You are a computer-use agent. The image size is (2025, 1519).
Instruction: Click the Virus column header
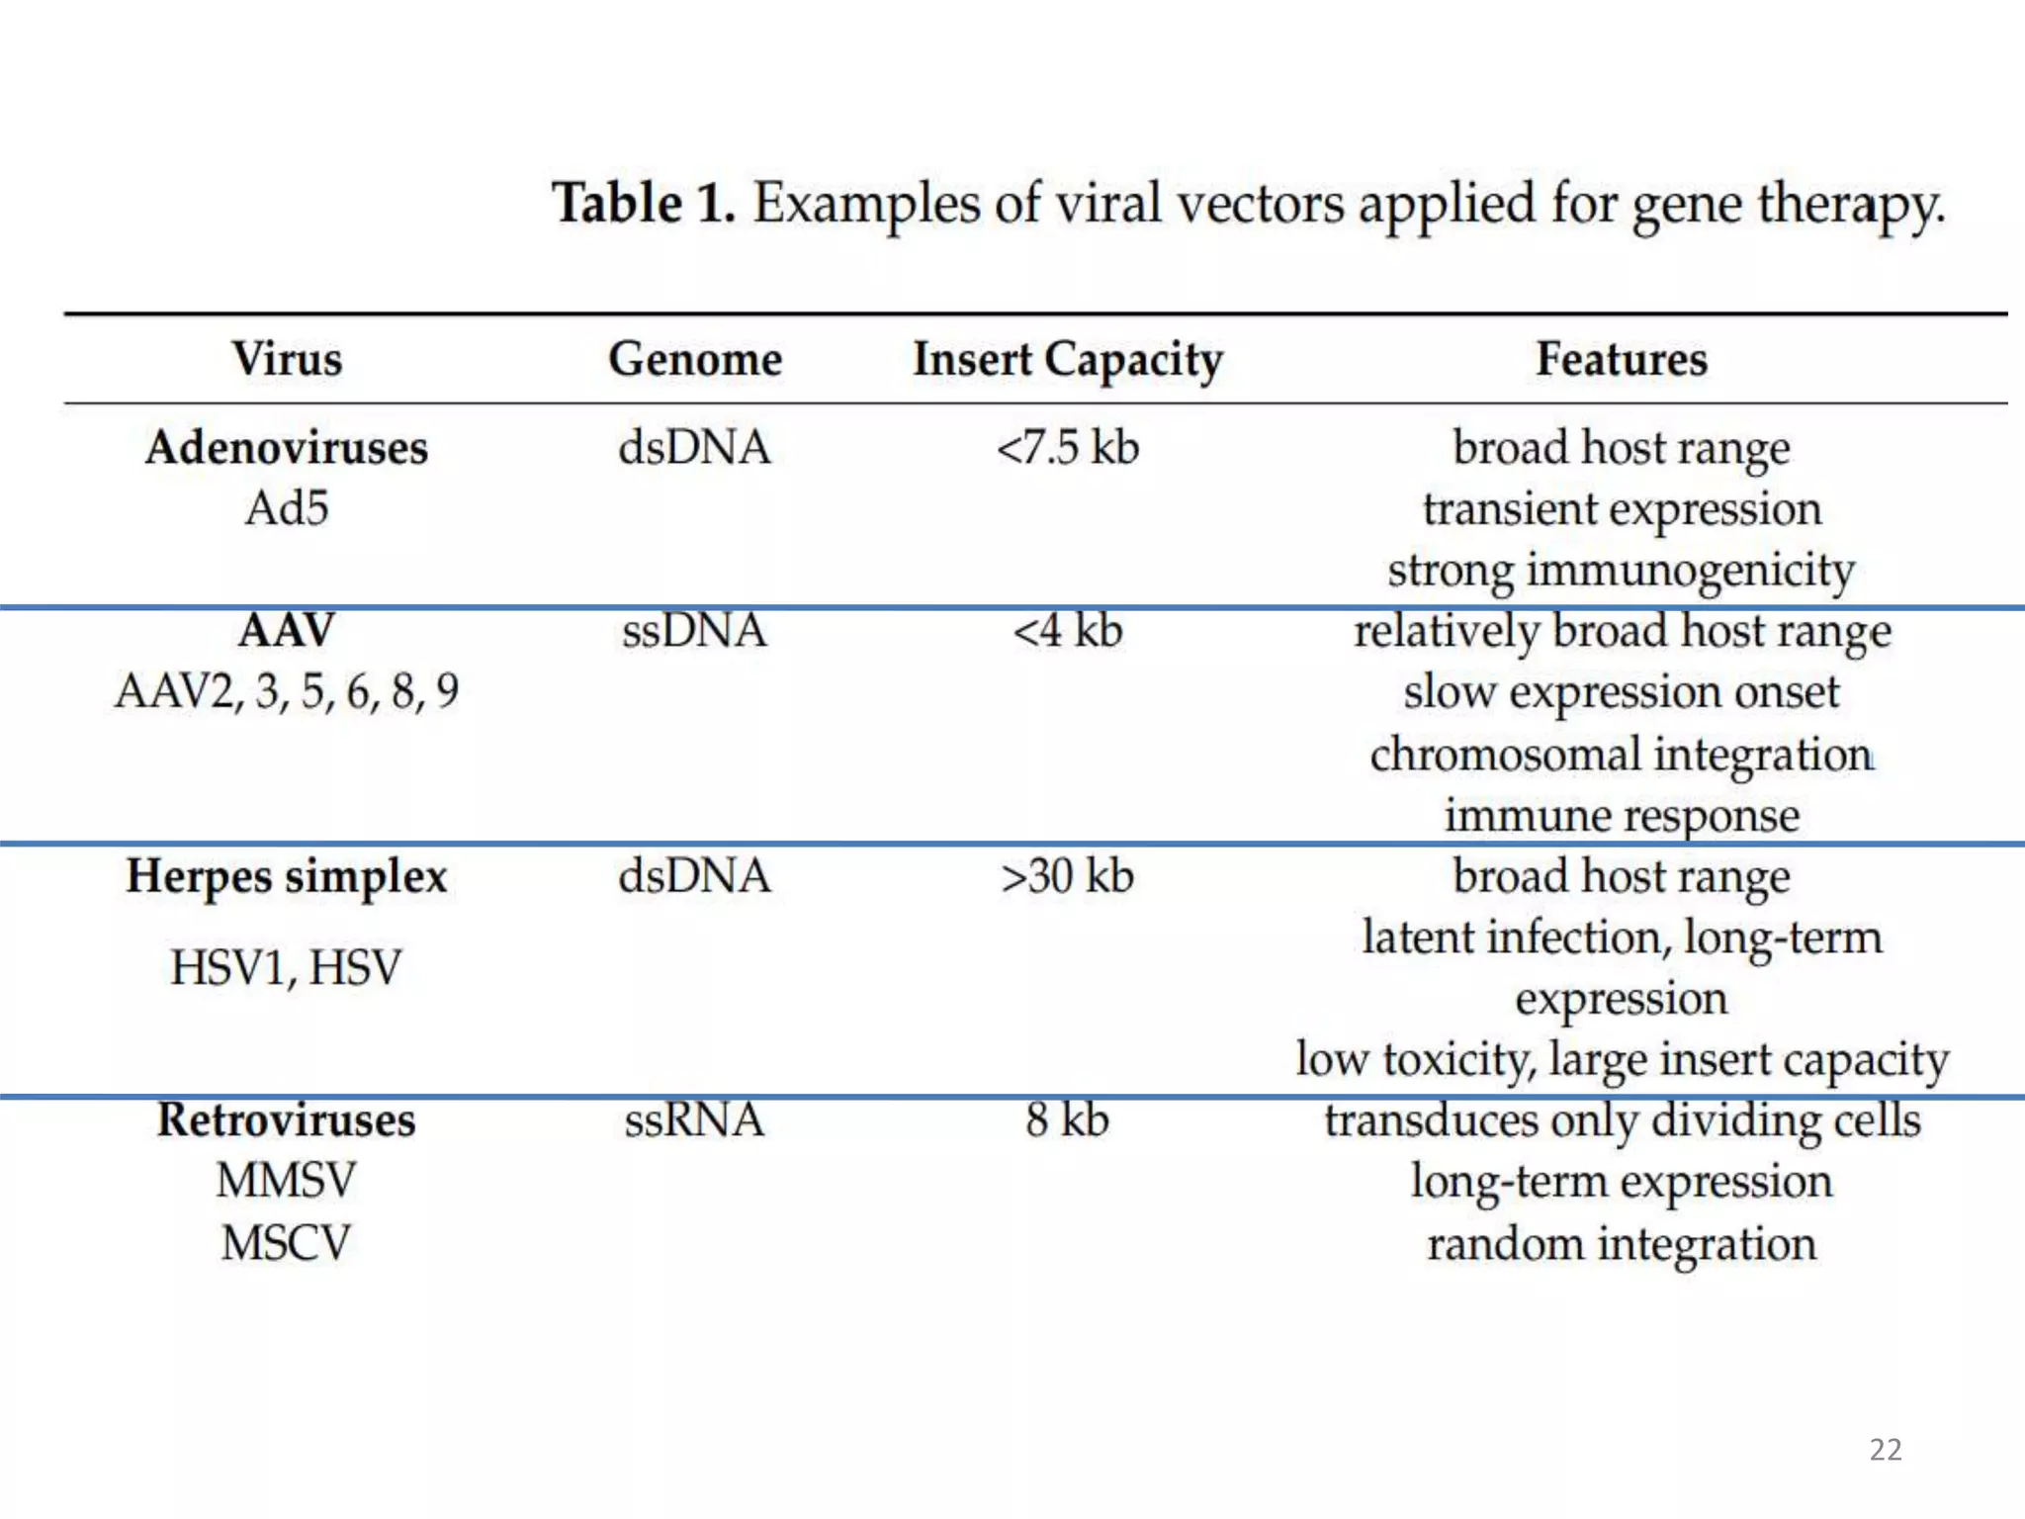pos(287,358)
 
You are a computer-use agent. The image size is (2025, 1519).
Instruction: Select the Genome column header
pos(695,358)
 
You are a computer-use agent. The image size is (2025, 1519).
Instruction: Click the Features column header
pos(1622,358)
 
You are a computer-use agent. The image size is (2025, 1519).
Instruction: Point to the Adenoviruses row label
pos(287,447)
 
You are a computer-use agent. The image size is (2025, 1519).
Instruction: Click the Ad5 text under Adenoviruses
pos(287,508)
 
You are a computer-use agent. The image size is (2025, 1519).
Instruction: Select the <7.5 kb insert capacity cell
pos(1068,447)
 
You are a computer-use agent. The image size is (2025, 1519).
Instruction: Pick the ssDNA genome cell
pos(694,631)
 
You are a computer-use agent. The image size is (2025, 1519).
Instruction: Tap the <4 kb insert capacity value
pos(1068,631)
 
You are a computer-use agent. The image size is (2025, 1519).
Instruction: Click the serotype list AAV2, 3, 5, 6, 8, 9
pos(287,691)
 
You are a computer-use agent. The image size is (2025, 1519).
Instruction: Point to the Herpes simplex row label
pos(287,876)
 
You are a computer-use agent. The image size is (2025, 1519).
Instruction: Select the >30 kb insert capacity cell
pos(1068,876)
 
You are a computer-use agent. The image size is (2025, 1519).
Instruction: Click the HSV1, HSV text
pos(287,967)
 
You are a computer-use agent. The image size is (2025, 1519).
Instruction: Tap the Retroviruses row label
pos(287,1120)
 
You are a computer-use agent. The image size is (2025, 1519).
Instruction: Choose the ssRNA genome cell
pos(694,1120)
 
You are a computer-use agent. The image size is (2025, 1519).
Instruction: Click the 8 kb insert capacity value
pos(1068,1120)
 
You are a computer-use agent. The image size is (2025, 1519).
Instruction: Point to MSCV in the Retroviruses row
pos(287,1243)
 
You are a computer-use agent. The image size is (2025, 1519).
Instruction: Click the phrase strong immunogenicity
pos(1622,571)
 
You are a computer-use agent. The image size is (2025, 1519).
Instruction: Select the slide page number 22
pos(1886,1450)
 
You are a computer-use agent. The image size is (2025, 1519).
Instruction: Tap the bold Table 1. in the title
pos(644,204)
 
